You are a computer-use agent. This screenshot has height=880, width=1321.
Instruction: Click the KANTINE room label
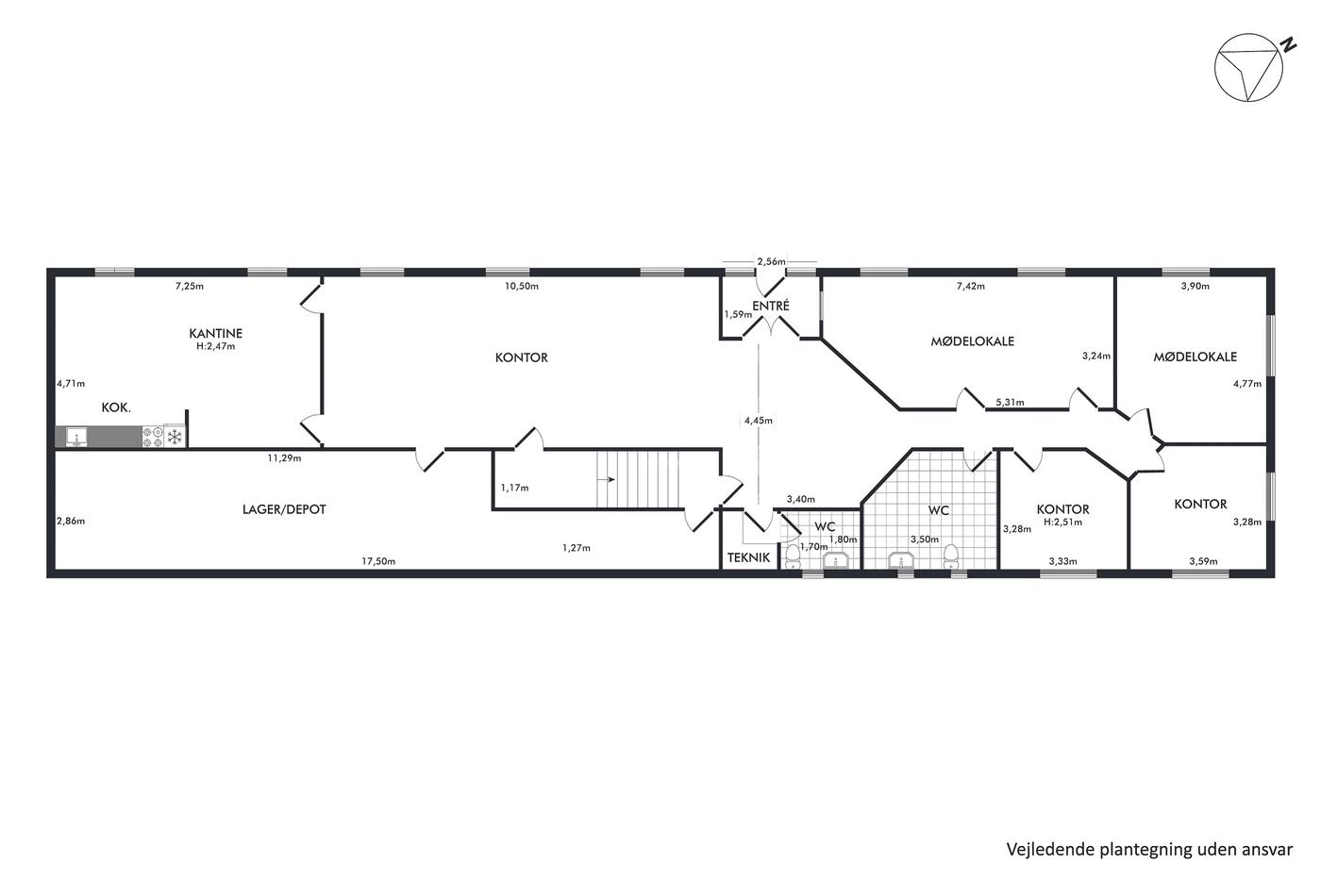(216, 333)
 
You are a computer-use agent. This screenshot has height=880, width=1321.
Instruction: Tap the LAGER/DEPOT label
(284, 509)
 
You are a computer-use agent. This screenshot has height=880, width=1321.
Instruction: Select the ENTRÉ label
(770, 306)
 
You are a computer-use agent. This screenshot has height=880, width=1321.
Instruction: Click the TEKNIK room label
(748, 557)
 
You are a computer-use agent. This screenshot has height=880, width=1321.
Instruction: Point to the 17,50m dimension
(378, 561)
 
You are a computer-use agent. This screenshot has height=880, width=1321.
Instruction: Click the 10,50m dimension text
(521, 287)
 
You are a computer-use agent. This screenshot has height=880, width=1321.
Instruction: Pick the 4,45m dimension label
(759, 421)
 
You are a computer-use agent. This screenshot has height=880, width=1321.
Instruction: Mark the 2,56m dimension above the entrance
(772, 261)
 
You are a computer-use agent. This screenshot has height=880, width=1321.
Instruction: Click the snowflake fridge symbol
(175, 437)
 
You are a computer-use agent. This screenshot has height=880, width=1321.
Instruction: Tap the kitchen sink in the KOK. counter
(76, 437)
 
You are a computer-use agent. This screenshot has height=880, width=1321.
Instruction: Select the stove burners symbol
(153, 437)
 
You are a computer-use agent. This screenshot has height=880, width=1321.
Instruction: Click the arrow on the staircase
(607, 480)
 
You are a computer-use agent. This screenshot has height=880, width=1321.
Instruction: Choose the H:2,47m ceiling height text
(216, 346)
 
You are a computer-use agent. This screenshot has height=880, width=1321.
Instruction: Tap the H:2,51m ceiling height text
(1062, 523)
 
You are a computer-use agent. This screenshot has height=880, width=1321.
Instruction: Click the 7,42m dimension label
(971, 287)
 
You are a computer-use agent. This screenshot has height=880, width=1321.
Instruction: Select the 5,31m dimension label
(1011, 403)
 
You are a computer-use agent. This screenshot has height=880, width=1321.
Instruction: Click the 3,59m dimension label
(1204, 561)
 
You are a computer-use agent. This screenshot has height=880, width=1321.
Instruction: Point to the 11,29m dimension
(284, 458)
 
